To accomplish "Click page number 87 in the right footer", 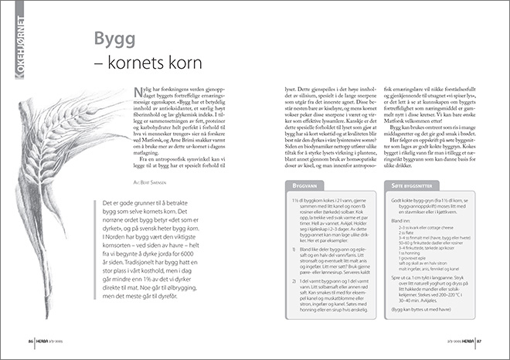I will (480, 339).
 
